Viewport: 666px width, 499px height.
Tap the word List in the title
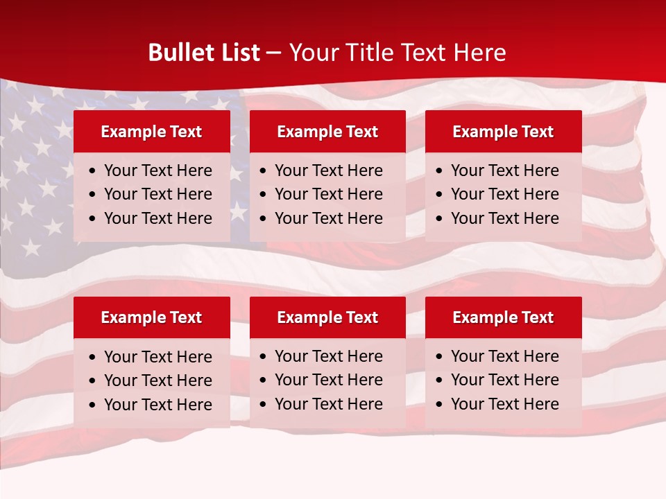tap(238, 53)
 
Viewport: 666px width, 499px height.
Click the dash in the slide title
tap(273, 53)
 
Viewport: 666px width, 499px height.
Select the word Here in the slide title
tap(479, 53)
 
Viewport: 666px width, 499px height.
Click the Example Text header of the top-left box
tap(151, 132)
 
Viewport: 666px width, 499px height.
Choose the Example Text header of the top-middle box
tap(327, 132)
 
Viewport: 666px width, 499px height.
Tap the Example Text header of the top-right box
tap(503, 132)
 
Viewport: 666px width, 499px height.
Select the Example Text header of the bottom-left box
tap(151, 317)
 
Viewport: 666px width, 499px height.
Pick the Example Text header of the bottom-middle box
tap(327, 317)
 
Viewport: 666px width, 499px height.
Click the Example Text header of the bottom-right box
tap(503, 317)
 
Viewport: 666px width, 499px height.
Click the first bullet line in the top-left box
tap(158, 170)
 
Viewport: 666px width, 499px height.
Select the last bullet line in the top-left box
tap(158, 218)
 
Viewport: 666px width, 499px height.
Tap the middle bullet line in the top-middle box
tap(329, 194)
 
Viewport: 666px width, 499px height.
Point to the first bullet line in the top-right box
tap(505, 170)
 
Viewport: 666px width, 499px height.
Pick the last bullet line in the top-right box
tap(505, 218)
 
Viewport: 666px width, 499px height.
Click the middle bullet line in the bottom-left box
tap(158, 380)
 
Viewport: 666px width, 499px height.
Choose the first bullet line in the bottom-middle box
tap(329, 356)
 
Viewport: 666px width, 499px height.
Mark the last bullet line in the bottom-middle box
tap(329, 404)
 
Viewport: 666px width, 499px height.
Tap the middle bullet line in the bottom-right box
tap(505, 380)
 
